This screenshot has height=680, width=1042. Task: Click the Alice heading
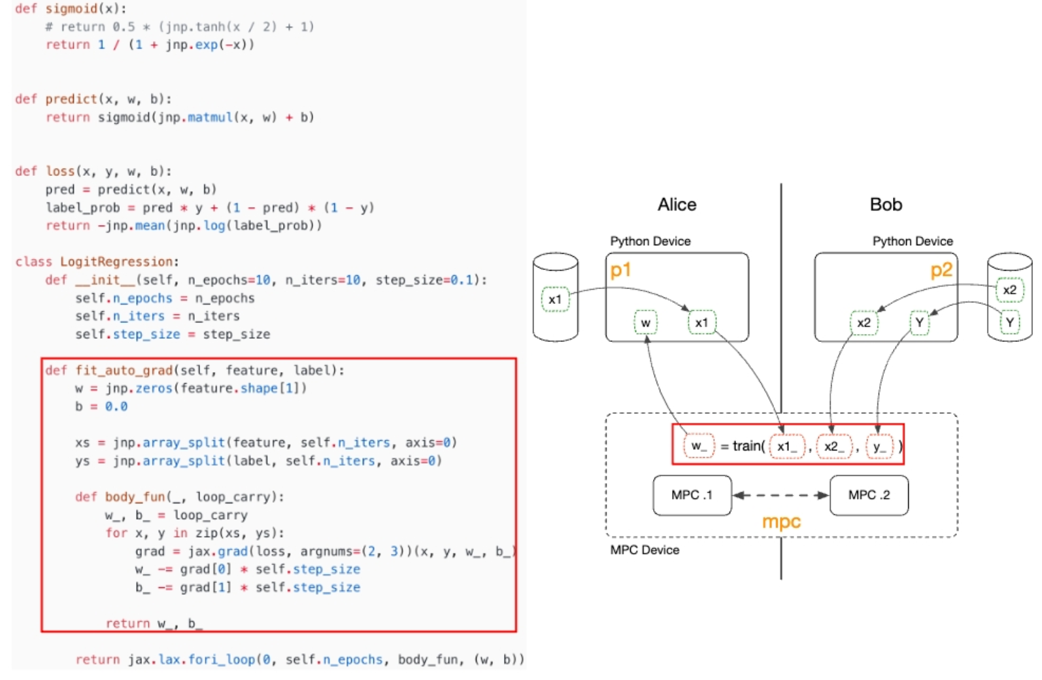(x=677, y=205)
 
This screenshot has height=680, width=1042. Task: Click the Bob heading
(x=886, y=205)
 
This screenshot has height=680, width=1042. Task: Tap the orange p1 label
(x=620, y=270)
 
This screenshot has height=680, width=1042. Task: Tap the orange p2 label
(x=941, y=270)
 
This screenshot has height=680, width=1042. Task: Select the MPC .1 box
(x=692, y=495)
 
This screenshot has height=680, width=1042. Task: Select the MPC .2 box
(x=869, y=495)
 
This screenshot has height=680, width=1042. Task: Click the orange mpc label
(x=781, y=522)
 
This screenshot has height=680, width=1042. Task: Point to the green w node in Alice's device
(x=646, y=322)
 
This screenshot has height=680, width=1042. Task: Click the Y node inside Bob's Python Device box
(x=920, y=322)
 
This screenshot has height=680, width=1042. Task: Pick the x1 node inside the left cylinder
(x=555, y=299)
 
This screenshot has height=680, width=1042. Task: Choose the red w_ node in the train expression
(x=699, y=446)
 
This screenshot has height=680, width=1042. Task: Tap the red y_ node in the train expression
(x=879, y=447)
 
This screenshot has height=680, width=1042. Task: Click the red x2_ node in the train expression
(x=834, y=447)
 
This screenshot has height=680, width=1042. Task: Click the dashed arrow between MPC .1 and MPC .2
(x=781, y=495)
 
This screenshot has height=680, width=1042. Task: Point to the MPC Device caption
(x=645, y=550)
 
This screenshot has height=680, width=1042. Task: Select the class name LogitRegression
(x=117, y=262)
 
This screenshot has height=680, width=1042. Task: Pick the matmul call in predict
(x=210, y=117)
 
